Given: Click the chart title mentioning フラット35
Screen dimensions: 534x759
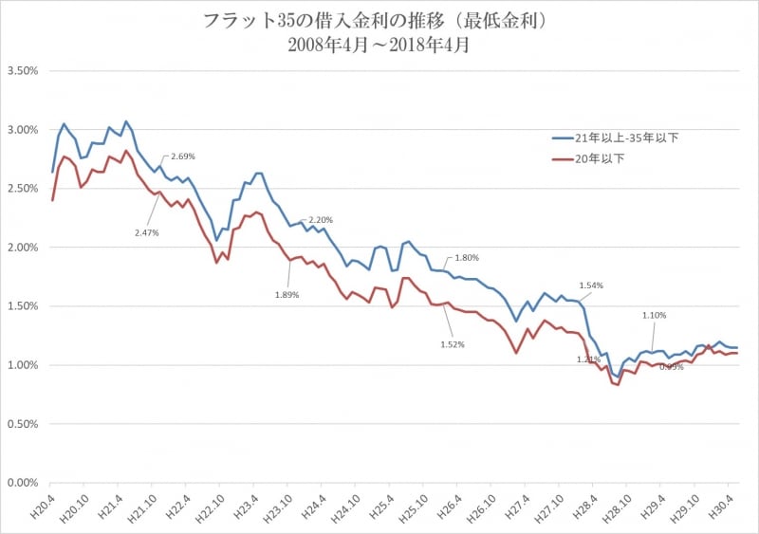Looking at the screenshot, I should (379, 20).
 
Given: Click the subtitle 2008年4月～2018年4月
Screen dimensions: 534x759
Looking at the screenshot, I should (379, 44).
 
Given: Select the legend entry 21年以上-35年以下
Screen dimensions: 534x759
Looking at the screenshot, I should (627, 138).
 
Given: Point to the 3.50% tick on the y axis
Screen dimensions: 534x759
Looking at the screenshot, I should (22, 71).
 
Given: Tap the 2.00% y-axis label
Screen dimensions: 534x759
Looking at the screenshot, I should (22, 248).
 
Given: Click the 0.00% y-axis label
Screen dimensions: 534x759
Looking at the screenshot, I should (22, 483).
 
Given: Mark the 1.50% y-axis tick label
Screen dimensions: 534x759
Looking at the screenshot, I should (22, 306).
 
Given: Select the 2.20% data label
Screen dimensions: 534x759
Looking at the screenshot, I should (321, 220).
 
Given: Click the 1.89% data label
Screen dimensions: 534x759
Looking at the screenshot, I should (287, 295).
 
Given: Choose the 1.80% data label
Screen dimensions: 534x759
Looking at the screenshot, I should (467, 257).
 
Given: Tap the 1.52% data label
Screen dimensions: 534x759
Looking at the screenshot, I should (453, 344).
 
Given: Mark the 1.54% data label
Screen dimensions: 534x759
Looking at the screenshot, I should (590, 285).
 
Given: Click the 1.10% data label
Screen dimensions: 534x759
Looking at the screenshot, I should (654, 315).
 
